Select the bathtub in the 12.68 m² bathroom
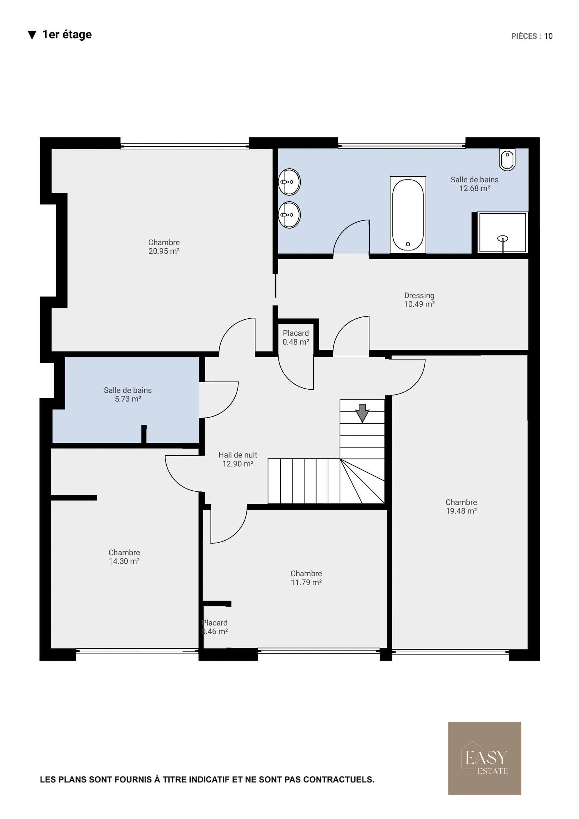click(408, 215)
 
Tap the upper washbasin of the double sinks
click(289, 182)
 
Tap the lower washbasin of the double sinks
click(289, 215)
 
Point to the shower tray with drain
click(502, 233)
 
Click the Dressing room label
click(419, 300)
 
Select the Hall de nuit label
click(238, 459)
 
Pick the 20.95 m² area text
click(164, 251)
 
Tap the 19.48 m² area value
click(461, 511)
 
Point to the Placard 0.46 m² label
click(214, 627)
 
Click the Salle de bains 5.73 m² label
click(128, 394)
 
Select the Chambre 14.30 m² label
click(124, 556)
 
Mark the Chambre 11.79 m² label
click(306, 578)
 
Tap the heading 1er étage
click(67, 34)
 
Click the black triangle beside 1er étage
click(32, 35)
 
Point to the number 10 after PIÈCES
click(548, 36)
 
